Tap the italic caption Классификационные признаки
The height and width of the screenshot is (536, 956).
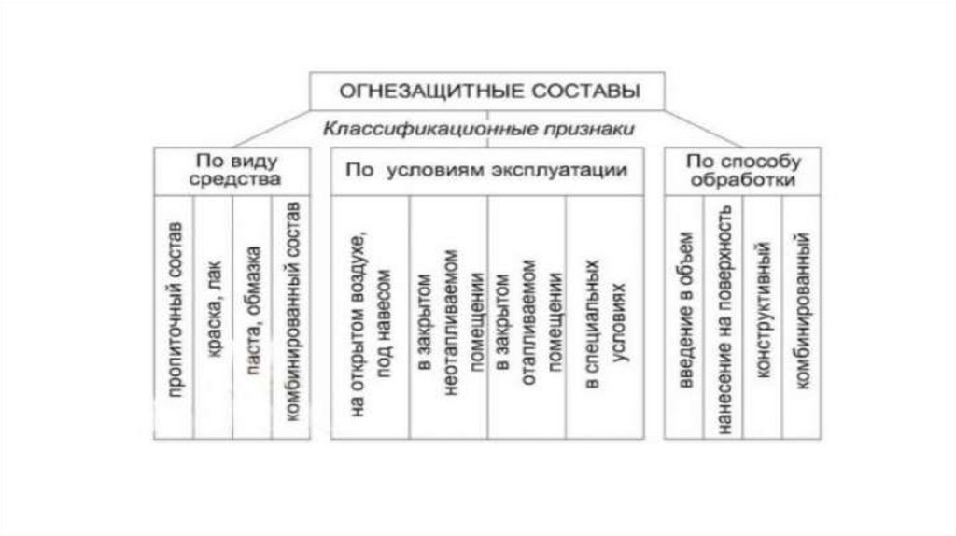(479, 129)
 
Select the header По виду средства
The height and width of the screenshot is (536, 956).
(234, 170)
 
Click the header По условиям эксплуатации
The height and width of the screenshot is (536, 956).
(486, 171)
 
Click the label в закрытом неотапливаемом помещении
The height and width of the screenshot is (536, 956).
(448, 317)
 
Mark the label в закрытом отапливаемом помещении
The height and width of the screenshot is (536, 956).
(527, 317)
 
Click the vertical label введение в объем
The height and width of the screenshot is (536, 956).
(684, 317)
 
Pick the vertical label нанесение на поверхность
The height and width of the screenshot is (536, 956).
(724, 317)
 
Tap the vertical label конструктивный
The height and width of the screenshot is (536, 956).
(763, 317)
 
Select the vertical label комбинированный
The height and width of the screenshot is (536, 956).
(801, 317)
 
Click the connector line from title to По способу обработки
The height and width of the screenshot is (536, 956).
(710, 125)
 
